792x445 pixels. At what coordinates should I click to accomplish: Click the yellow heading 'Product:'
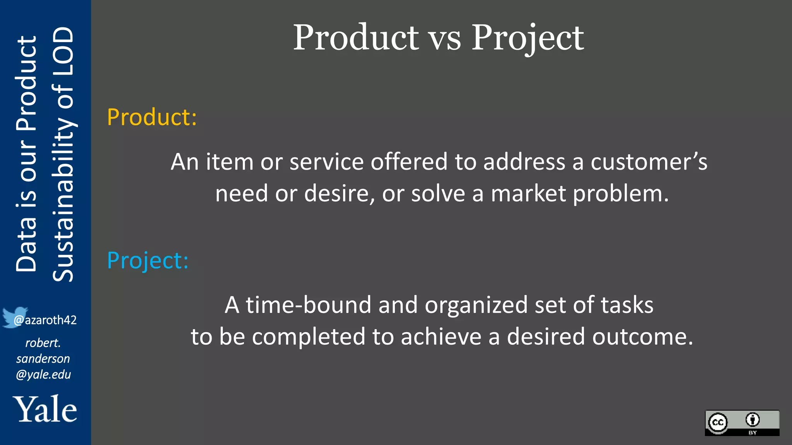(152, 117)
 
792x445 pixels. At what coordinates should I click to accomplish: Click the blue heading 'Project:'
(148, 260)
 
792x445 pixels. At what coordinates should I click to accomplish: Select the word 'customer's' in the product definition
(649, 161)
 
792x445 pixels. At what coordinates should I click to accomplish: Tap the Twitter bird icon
(14, 317)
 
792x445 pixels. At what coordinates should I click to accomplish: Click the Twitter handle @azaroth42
(45, 320)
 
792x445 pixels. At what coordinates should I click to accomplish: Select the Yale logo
(45, 409)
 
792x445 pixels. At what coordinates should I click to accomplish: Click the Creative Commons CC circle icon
(718, 422)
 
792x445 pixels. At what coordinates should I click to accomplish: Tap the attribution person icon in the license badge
(752, 420)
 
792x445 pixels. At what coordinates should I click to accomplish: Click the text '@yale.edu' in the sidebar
(43, 375)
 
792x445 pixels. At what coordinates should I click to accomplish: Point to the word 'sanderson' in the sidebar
(43, 359)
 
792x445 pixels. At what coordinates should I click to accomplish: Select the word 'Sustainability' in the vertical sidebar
(63, 201)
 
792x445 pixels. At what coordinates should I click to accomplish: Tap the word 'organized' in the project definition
(476, 305)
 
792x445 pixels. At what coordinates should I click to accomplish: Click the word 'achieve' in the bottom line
(441, 336)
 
